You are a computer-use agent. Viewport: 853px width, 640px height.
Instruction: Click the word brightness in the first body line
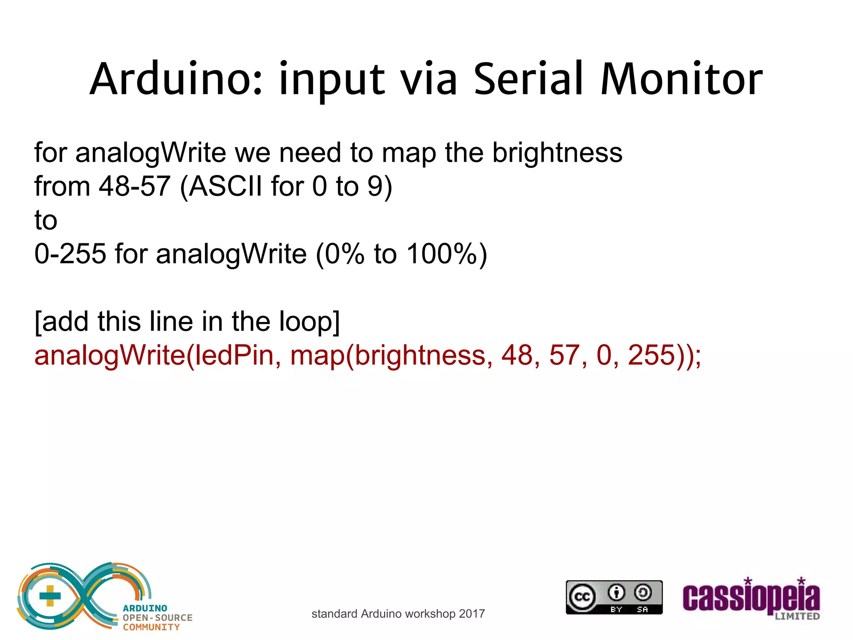point(557,152)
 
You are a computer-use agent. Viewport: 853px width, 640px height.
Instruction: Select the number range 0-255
point(70,254)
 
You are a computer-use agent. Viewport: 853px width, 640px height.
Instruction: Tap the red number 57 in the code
point(565,355)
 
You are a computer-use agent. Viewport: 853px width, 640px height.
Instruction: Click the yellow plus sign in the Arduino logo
point(50,596)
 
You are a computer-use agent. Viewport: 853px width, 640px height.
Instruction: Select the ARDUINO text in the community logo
point(145,608)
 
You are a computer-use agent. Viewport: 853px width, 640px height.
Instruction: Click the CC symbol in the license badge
point(582,597)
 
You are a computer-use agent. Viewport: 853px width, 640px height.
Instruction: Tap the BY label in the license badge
point(616,610)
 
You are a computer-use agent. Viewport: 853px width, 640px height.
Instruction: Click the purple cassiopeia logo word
point(751,598)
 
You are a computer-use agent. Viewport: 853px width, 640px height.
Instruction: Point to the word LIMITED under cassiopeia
point(797,616)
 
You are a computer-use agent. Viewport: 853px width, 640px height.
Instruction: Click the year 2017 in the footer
point(472,614)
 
